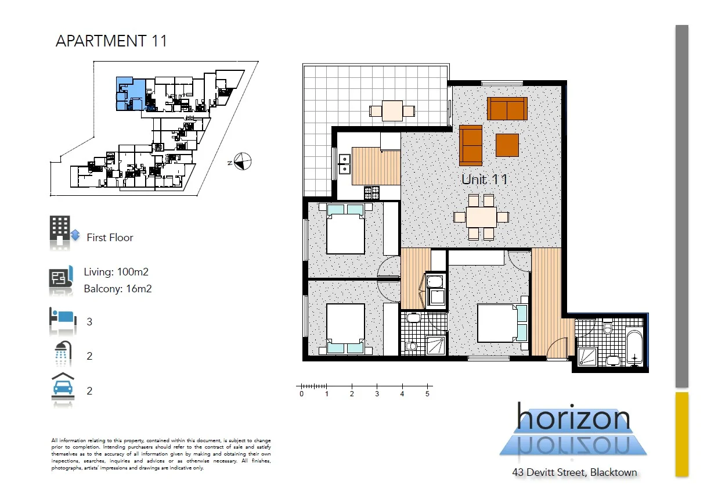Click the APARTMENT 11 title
(111, 41)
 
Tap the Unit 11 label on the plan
(484, 180)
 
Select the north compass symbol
(243, 162)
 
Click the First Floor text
(110, 238)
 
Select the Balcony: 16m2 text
(118, 289)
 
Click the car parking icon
(62, 386)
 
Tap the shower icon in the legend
(63, 353)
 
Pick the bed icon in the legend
(63, 320)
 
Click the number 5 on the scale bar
(427, 395)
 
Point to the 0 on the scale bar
(301, 395)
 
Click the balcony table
(392, 110)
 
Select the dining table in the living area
(481, 217)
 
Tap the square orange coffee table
(507, 145)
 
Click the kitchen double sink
(344, 164)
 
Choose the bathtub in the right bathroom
(634, 347)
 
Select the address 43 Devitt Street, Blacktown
(574, 472)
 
